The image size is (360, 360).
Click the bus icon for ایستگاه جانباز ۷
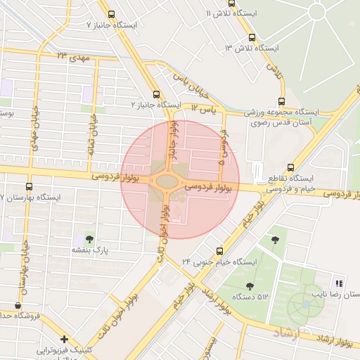tap(111, 14)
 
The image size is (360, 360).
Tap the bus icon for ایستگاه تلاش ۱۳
tap(252, 38)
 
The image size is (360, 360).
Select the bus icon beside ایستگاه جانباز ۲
tap(156, 94)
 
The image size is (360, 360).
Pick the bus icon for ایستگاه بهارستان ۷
tap(29, 187)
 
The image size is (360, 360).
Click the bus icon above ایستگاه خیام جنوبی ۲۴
tap(220, 250)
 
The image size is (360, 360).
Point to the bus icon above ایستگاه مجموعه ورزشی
tap(282, 101)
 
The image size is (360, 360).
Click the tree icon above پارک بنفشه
tap(89, 238)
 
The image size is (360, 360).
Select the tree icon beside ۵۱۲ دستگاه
tap(250, 286)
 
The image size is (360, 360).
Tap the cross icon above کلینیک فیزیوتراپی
tap(64, 340)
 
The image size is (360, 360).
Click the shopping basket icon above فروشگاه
tap(18, 306)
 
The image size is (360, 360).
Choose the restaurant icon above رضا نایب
tap(339, 284)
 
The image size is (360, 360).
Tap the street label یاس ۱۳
tap(206, 110)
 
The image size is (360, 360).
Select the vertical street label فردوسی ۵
tap(224, 150)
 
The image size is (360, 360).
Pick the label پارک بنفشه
tap(89, 250)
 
